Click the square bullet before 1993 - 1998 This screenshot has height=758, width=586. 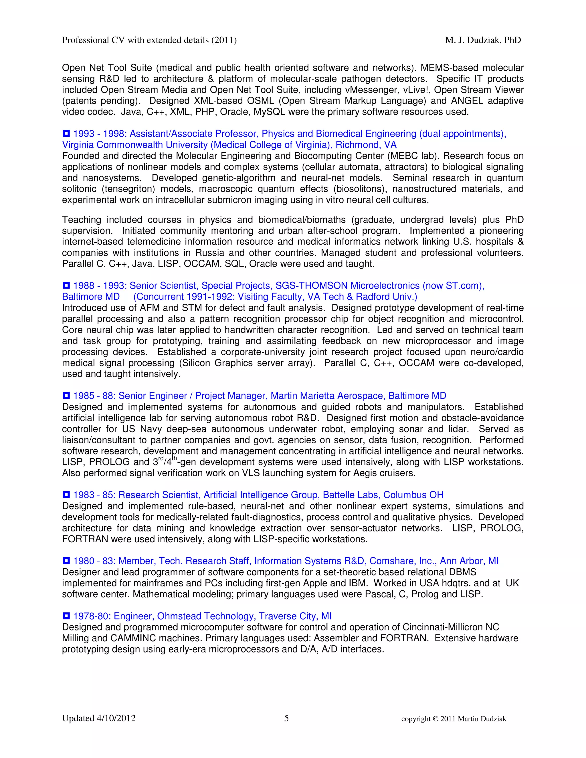66,133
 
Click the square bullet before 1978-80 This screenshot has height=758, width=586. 66,616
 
